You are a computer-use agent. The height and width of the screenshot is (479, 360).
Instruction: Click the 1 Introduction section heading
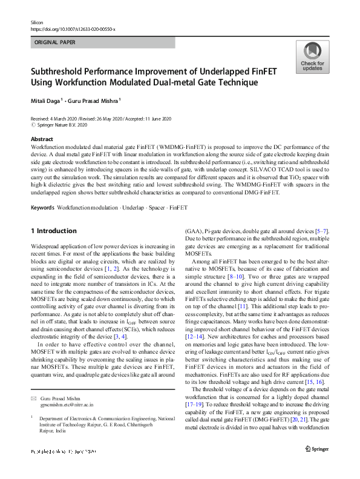[x=53, y=231]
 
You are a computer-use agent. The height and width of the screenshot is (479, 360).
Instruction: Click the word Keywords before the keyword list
[x=42, y=208]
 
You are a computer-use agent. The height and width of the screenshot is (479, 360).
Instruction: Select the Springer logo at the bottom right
[x=316, y=448]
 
